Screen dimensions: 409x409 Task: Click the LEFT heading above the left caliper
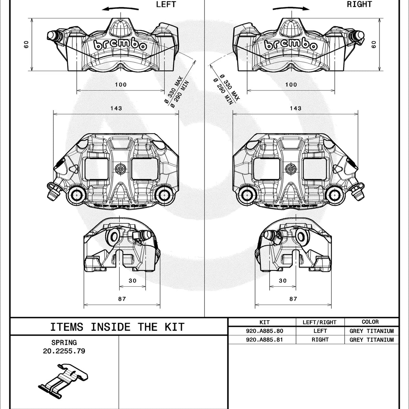[x=166, y=4]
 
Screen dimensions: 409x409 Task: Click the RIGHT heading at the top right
[x=359, y=4]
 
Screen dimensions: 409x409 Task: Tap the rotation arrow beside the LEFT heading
[x=120, y=9]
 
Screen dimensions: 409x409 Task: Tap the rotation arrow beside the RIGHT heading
[x=291, y=9]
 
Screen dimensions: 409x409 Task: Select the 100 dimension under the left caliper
[x=121, y=85]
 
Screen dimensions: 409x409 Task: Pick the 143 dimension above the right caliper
[x=296, y=108]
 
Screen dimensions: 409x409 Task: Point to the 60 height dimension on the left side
[x=26, y=44]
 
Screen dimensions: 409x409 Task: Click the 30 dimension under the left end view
[x=133, y=281]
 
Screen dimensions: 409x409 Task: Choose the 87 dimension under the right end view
[x=293, y=299]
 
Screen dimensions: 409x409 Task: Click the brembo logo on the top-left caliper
[x=120, y=45]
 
